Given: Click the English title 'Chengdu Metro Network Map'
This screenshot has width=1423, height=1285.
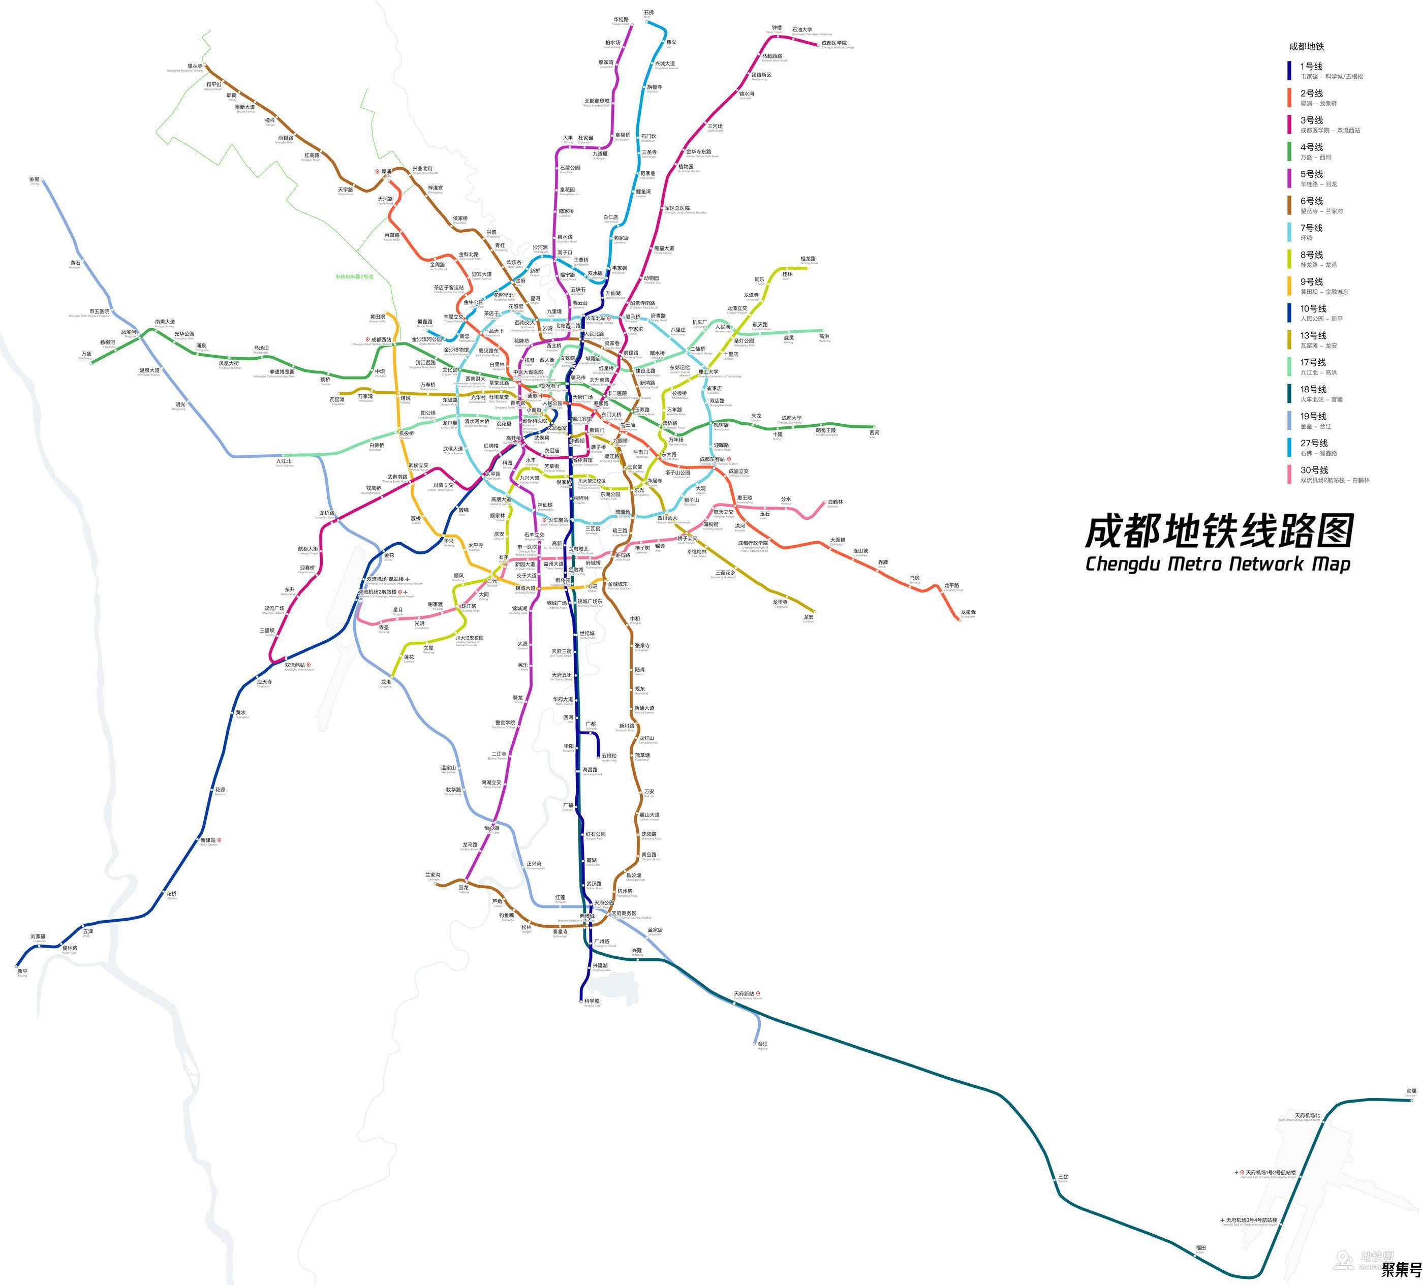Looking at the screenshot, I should pos(1218,564).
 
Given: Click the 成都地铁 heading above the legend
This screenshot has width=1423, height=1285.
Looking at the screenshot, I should pos(1307,47).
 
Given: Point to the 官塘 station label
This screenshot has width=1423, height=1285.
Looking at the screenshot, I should pos(1411,1091).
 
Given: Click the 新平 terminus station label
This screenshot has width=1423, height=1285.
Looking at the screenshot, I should pos(22,971).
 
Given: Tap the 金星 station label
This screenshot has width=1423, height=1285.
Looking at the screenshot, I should pos(35,179).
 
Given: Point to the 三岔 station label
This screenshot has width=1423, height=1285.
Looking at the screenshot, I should pos(1063,1176).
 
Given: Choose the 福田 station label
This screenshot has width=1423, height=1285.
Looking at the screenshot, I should pos(1200,1247).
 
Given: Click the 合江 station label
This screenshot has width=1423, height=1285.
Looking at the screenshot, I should pos(762,1044).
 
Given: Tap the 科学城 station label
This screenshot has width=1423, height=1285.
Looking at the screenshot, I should pos(592,1000).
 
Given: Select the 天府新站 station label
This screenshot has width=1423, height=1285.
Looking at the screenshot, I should pos(744,993).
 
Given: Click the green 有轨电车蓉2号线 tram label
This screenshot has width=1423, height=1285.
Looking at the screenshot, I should pos(354,276).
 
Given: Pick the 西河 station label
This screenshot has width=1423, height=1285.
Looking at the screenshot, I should pos(875,432).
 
